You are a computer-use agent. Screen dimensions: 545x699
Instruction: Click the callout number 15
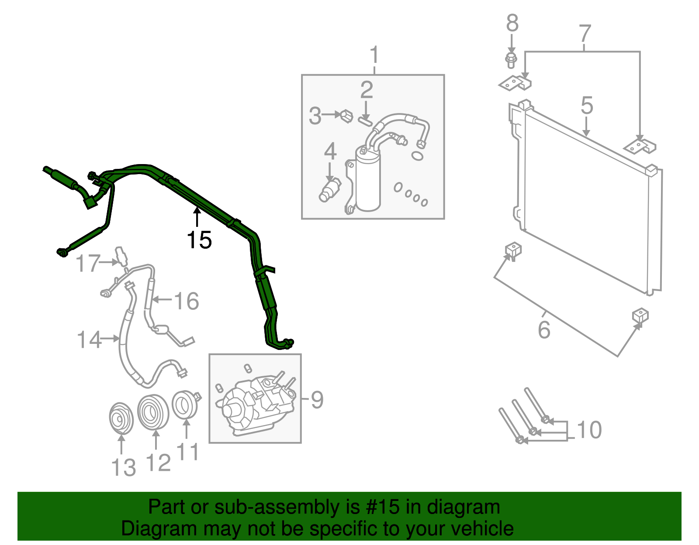pyautogui.click(x=199, y=240)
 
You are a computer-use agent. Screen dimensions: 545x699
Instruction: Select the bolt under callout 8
pyautogui.click(x=511, y=60)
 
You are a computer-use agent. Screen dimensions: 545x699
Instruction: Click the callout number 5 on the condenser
pyautogui.click(x=587, y=106)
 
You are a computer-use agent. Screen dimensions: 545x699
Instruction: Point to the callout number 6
pyautogui.click(x=544, y=329)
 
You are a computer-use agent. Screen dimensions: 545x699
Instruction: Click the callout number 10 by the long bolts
pyautogui.click(x=590, y=430)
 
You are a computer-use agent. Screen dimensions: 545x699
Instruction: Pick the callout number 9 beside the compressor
pyautogui.click(x=317, y=400)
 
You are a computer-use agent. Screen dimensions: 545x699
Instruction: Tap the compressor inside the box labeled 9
pyautogui.click(x=256, y=404)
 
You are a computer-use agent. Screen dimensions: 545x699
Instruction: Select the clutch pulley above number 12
pyautogui.click(x=153, y=411)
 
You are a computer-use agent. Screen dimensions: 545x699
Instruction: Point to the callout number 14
pyautogui.click(x=89, y=339)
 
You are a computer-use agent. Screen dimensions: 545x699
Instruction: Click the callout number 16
pyautogui.click(x=187, y=301)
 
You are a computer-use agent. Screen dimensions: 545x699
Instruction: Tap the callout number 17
pyautogui.click(x=88, y=264)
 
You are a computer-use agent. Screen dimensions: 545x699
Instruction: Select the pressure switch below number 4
pyautogui.click(x=329, y=190)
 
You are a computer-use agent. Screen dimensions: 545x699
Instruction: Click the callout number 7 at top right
pyautogui.click(x=585, y=34)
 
